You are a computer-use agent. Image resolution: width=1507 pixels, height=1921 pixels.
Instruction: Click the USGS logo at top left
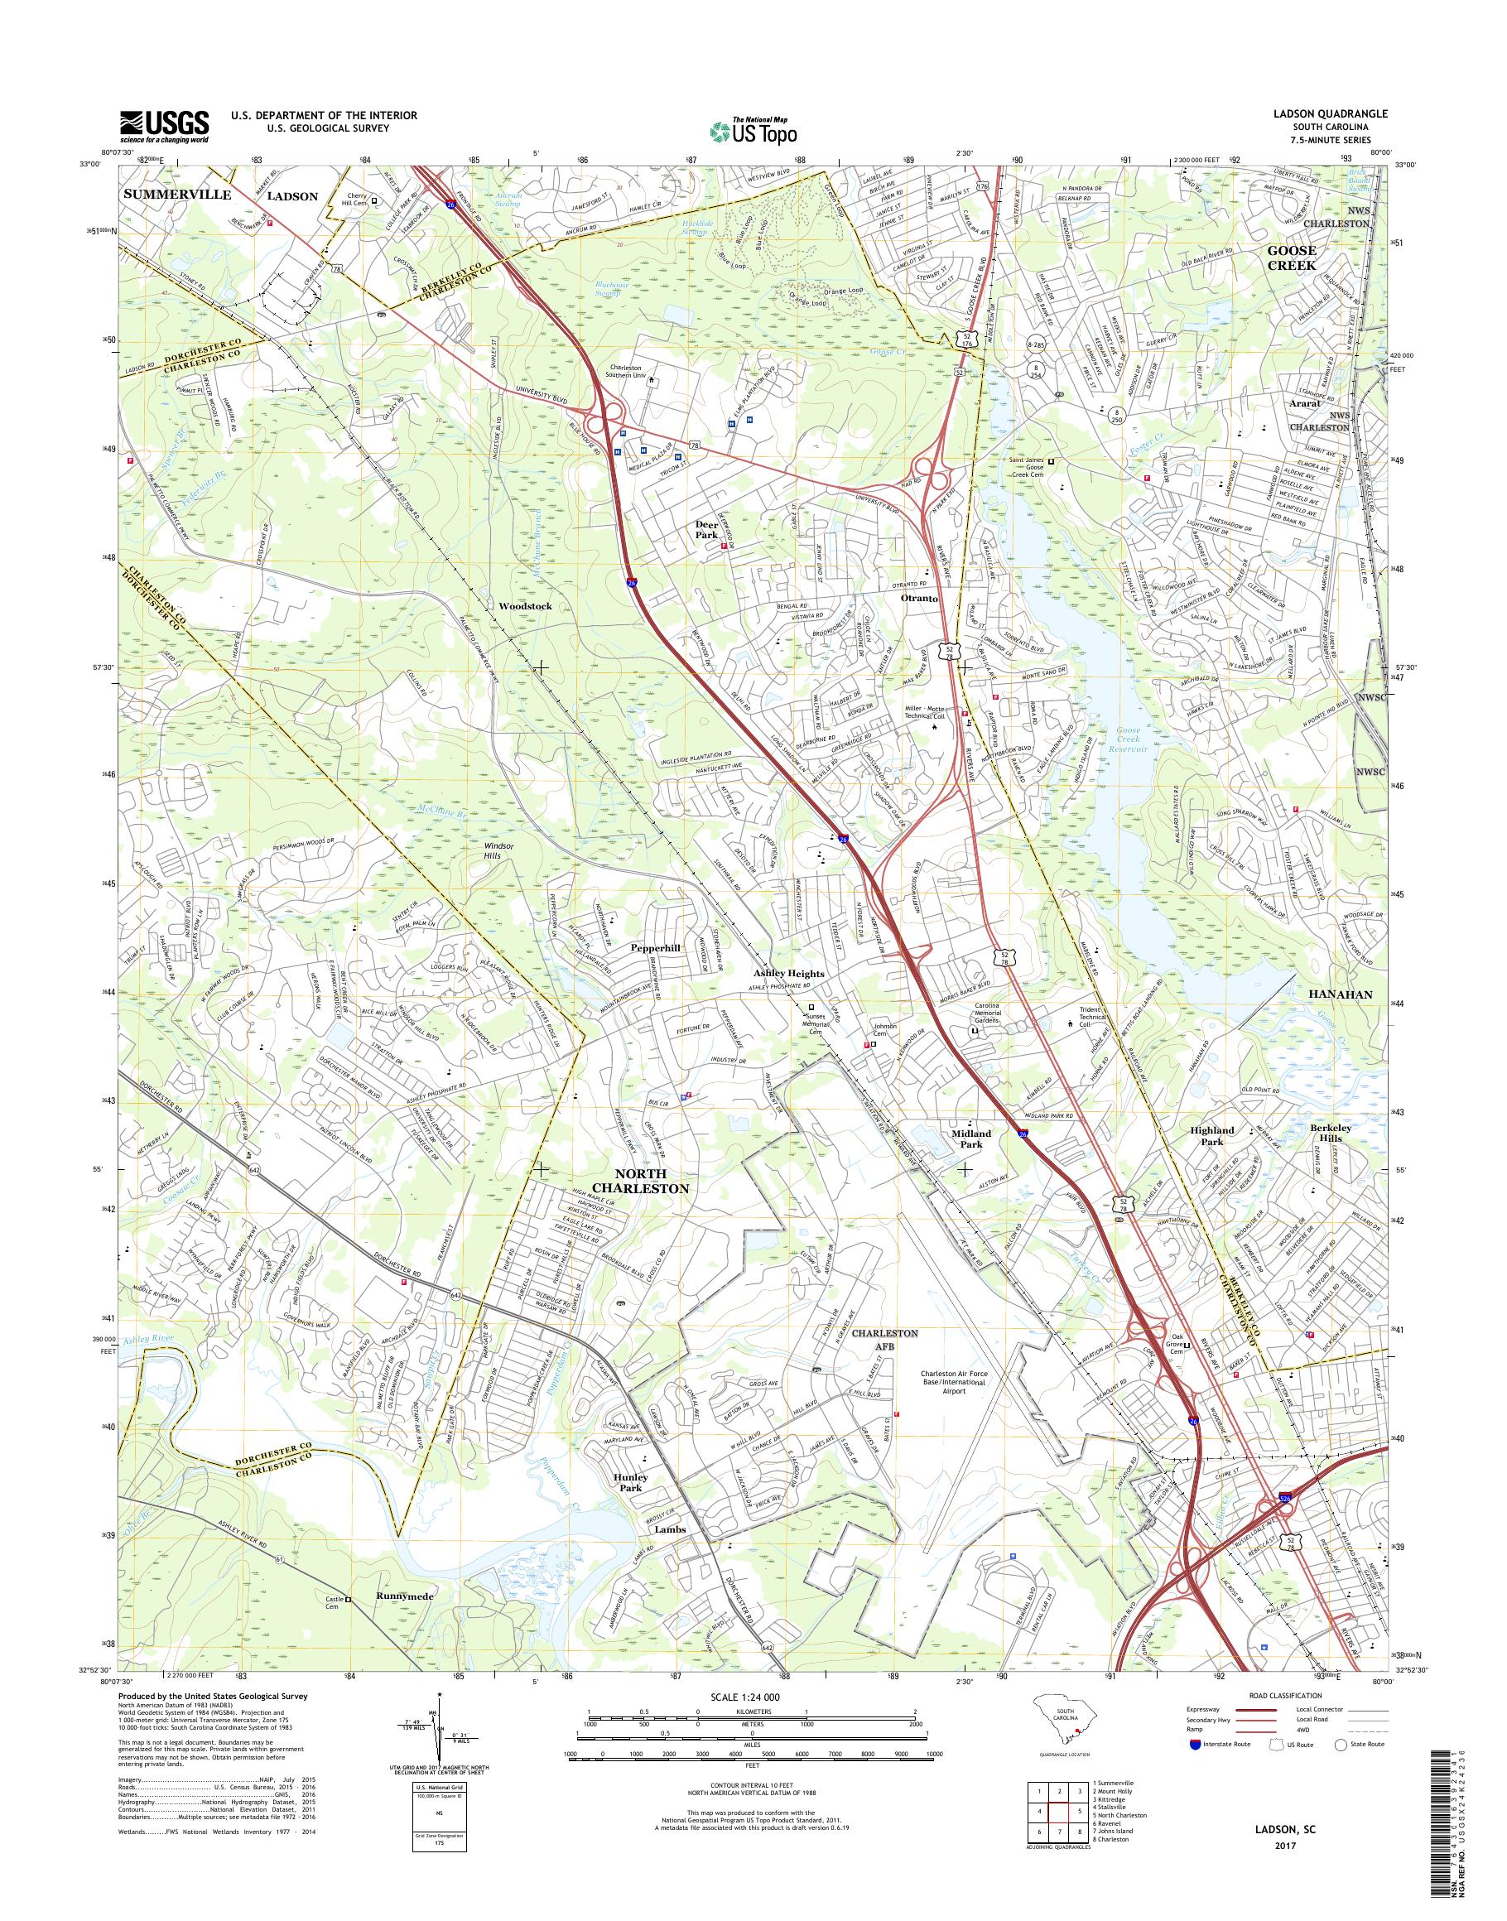165,126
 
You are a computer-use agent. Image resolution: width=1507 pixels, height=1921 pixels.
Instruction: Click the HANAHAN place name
1338,994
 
